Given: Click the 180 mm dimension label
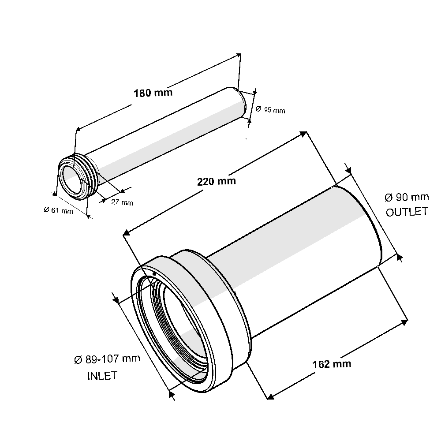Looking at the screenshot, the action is tap(153, 93).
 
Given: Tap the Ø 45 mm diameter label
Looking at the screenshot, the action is tap(270, 109).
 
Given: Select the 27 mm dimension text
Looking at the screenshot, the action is tap(122, 202).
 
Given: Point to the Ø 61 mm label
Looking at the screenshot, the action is tap(59, 210).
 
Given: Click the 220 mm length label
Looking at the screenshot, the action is tap(216, 181).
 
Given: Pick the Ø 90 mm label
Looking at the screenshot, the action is tap(407, 197).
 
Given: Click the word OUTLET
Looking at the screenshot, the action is tap(407, 212).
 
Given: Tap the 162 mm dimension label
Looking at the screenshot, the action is tap(332, 364).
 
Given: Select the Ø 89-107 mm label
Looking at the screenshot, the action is tap(107, 359).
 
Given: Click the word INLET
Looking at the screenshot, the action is tap(102, 376).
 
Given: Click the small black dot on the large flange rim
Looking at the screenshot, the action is tap(154, 274).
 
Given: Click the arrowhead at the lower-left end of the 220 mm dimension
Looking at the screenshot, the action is tap(126, 232).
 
